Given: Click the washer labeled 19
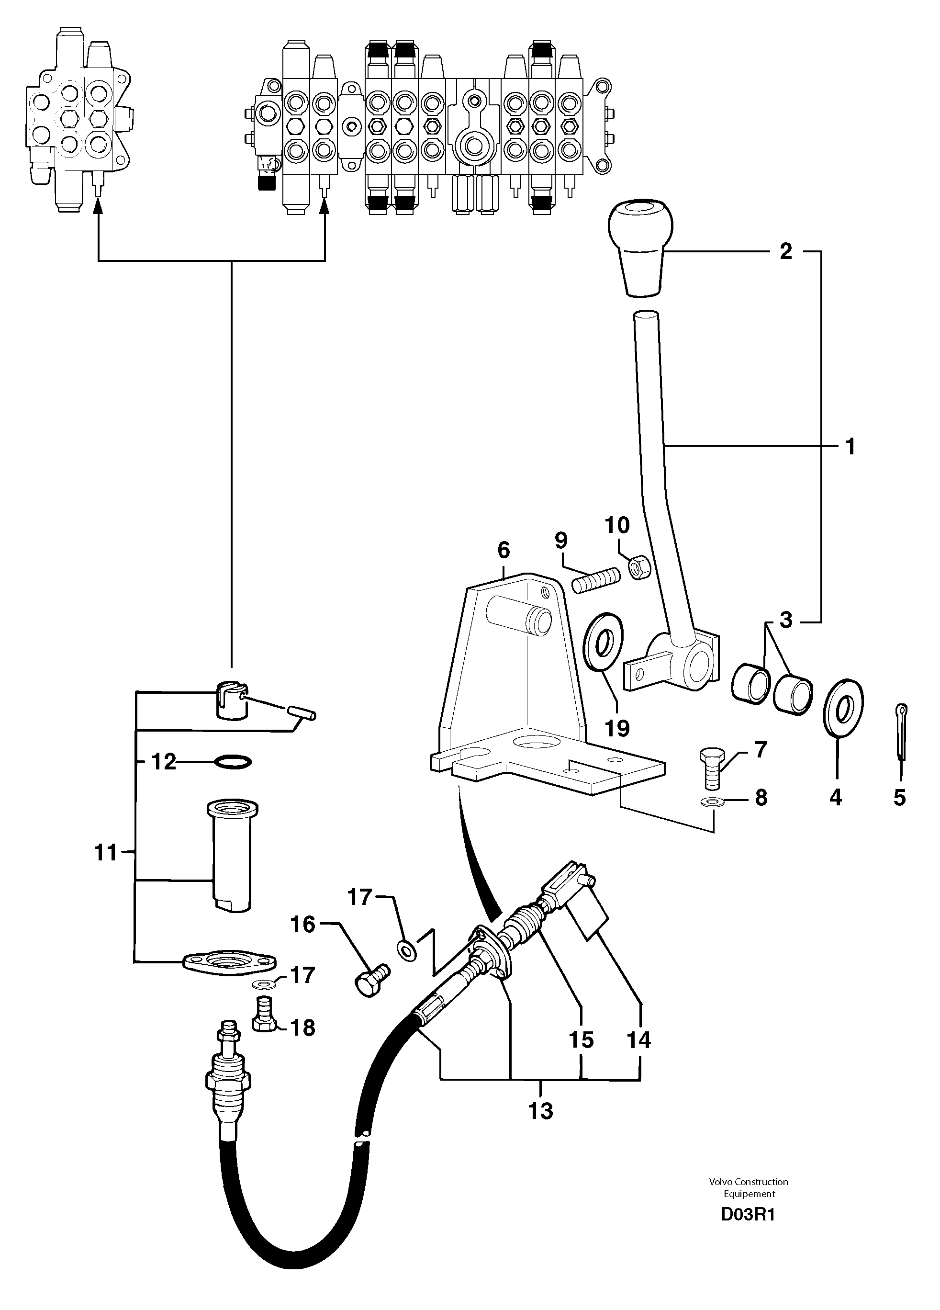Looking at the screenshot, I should (604, 641).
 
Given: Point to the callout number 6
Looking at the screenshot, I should (504, 551).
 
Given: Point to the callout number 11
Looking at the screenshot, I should (106, 853).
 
